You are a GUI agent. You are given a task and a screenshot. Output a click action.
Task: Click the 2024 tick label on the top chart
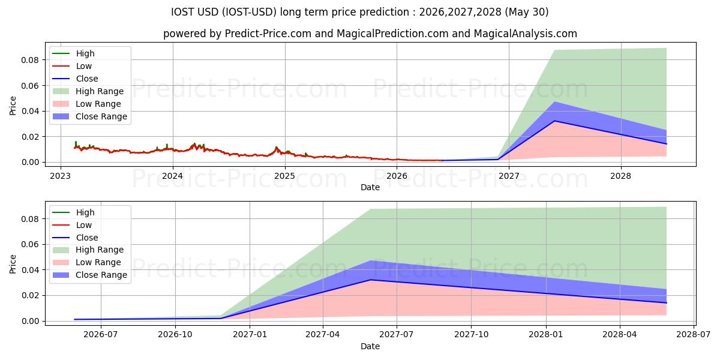coord(173,176)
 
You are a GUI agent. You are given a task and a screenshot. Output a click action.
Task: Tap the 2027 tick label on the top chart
coord(509,176)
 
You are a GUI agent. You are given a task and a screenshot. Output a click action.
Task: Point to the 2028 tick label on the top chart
coord(620,176)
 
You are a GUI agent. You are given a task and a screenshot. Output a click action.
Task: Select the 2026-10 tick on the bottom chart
coord(175,335)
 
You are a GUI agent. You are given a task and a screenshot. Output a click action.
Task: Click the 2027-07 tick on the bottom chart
coord(397,335)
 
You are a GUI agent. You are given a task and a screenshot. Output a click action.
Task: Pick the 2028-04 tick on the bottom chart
coord(620,335)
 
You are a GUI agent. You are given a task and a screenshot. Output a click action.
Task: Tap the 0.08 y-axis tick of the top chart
coord(30,60)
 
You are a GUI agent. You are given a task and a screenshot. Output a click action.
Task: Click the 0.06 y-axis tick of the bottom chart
coord(30,244)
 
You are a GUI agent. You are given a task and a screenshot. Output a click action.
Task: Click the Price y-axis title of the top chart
coord(13,106)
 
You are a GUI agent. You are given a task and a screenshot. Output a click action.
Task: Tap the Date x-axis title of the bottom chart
coord(370,347)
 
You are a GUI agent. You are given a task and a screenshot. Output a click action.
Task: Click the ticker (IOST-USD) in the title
coord(249,12)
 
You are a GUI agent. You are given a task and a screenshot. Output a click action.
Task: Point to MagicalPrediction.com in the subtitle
coord(392,34)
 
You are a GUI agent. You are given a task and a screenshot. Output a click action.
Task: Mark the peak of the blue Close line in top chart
coord(554,121)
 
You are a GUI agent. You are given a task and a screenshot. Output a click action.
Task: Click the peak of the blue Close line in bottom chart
coord(370,280)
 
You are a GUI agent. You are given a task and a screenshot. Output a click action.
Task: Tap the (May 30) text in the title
coord(527,12)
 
